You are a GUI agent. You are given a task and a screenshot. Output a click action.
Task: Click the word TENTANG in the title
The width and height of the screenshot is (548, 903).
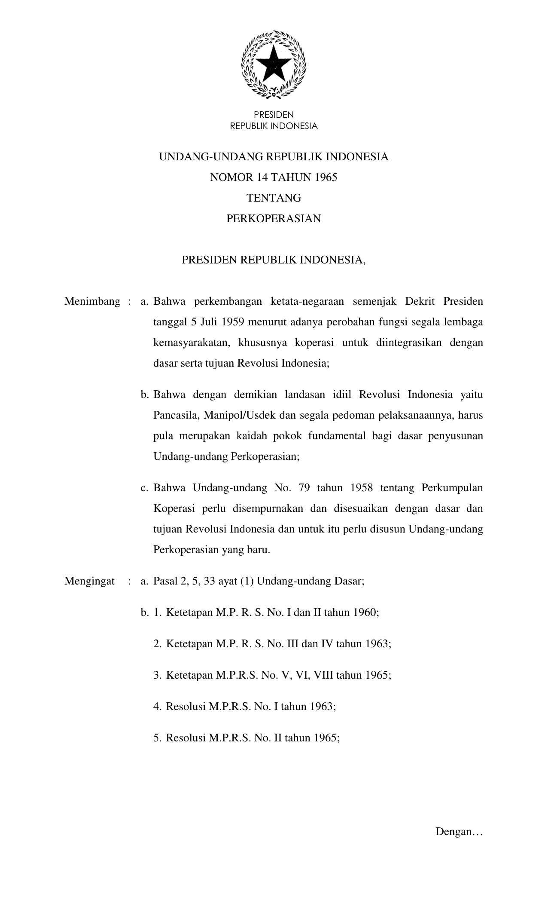pos(274,198)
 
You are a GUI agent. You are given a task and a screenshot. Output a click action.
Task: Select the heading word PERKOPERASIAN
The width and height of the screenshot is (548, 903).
pos(274,219)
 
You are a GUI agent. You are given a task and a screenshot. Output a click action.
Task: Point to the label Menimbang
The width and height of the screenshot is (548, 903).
pos(92,301)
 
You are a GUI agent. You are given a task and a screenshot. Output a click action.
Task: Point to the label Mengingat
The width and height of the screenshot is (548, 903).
pos(89,582)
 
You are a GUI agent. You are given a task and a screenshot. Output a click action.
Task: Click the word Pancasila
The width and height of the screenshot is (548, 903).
pos(176,416)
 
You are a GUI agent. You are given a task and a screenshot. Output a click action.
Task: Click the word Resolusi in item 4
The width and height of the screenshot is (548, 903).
pos(186,707)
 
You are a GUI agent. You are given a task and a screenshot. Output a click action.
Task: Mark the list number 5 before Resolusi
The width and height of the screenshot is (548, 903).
pos(157,738)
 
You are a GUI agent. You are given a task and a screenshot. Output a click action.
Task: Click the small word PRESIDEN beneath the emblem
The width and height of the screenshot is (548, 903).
pos(274,115)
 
